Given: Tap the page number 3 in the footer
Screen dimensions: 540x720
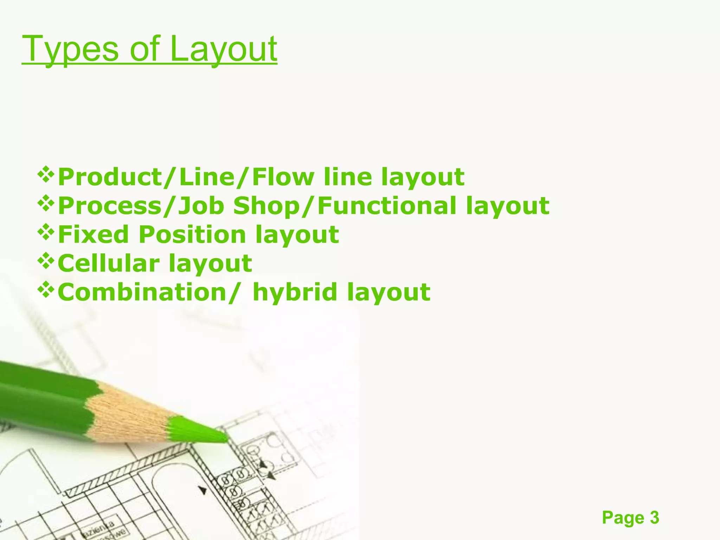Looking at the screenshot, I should click(x=654, y=517).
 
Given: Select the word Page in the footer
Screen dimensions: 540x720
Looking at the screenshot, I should click(x=623, y=517).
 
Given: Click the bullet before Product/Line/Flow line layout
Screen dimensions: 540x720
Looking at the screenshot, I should click(x=46, y=175).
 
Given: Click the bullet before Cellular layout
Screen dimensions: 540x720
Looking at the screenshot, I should click(x=46, y=261).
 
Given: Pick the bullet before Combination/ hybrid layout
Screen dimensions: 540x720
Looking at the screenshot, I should click(x=46, y=290).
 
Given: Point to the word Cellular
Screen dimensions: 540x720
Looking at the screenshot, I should click(x=108, y=263).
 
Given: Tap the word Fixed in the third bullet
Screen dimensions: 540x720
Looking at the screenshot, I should click(x=93, y=234).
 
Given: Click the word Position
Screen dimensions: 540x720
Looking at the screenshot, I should click(x=192, y=234).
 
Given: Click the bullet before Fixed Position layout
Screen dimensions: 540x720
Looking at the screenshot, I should click(x=46, y=232).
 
